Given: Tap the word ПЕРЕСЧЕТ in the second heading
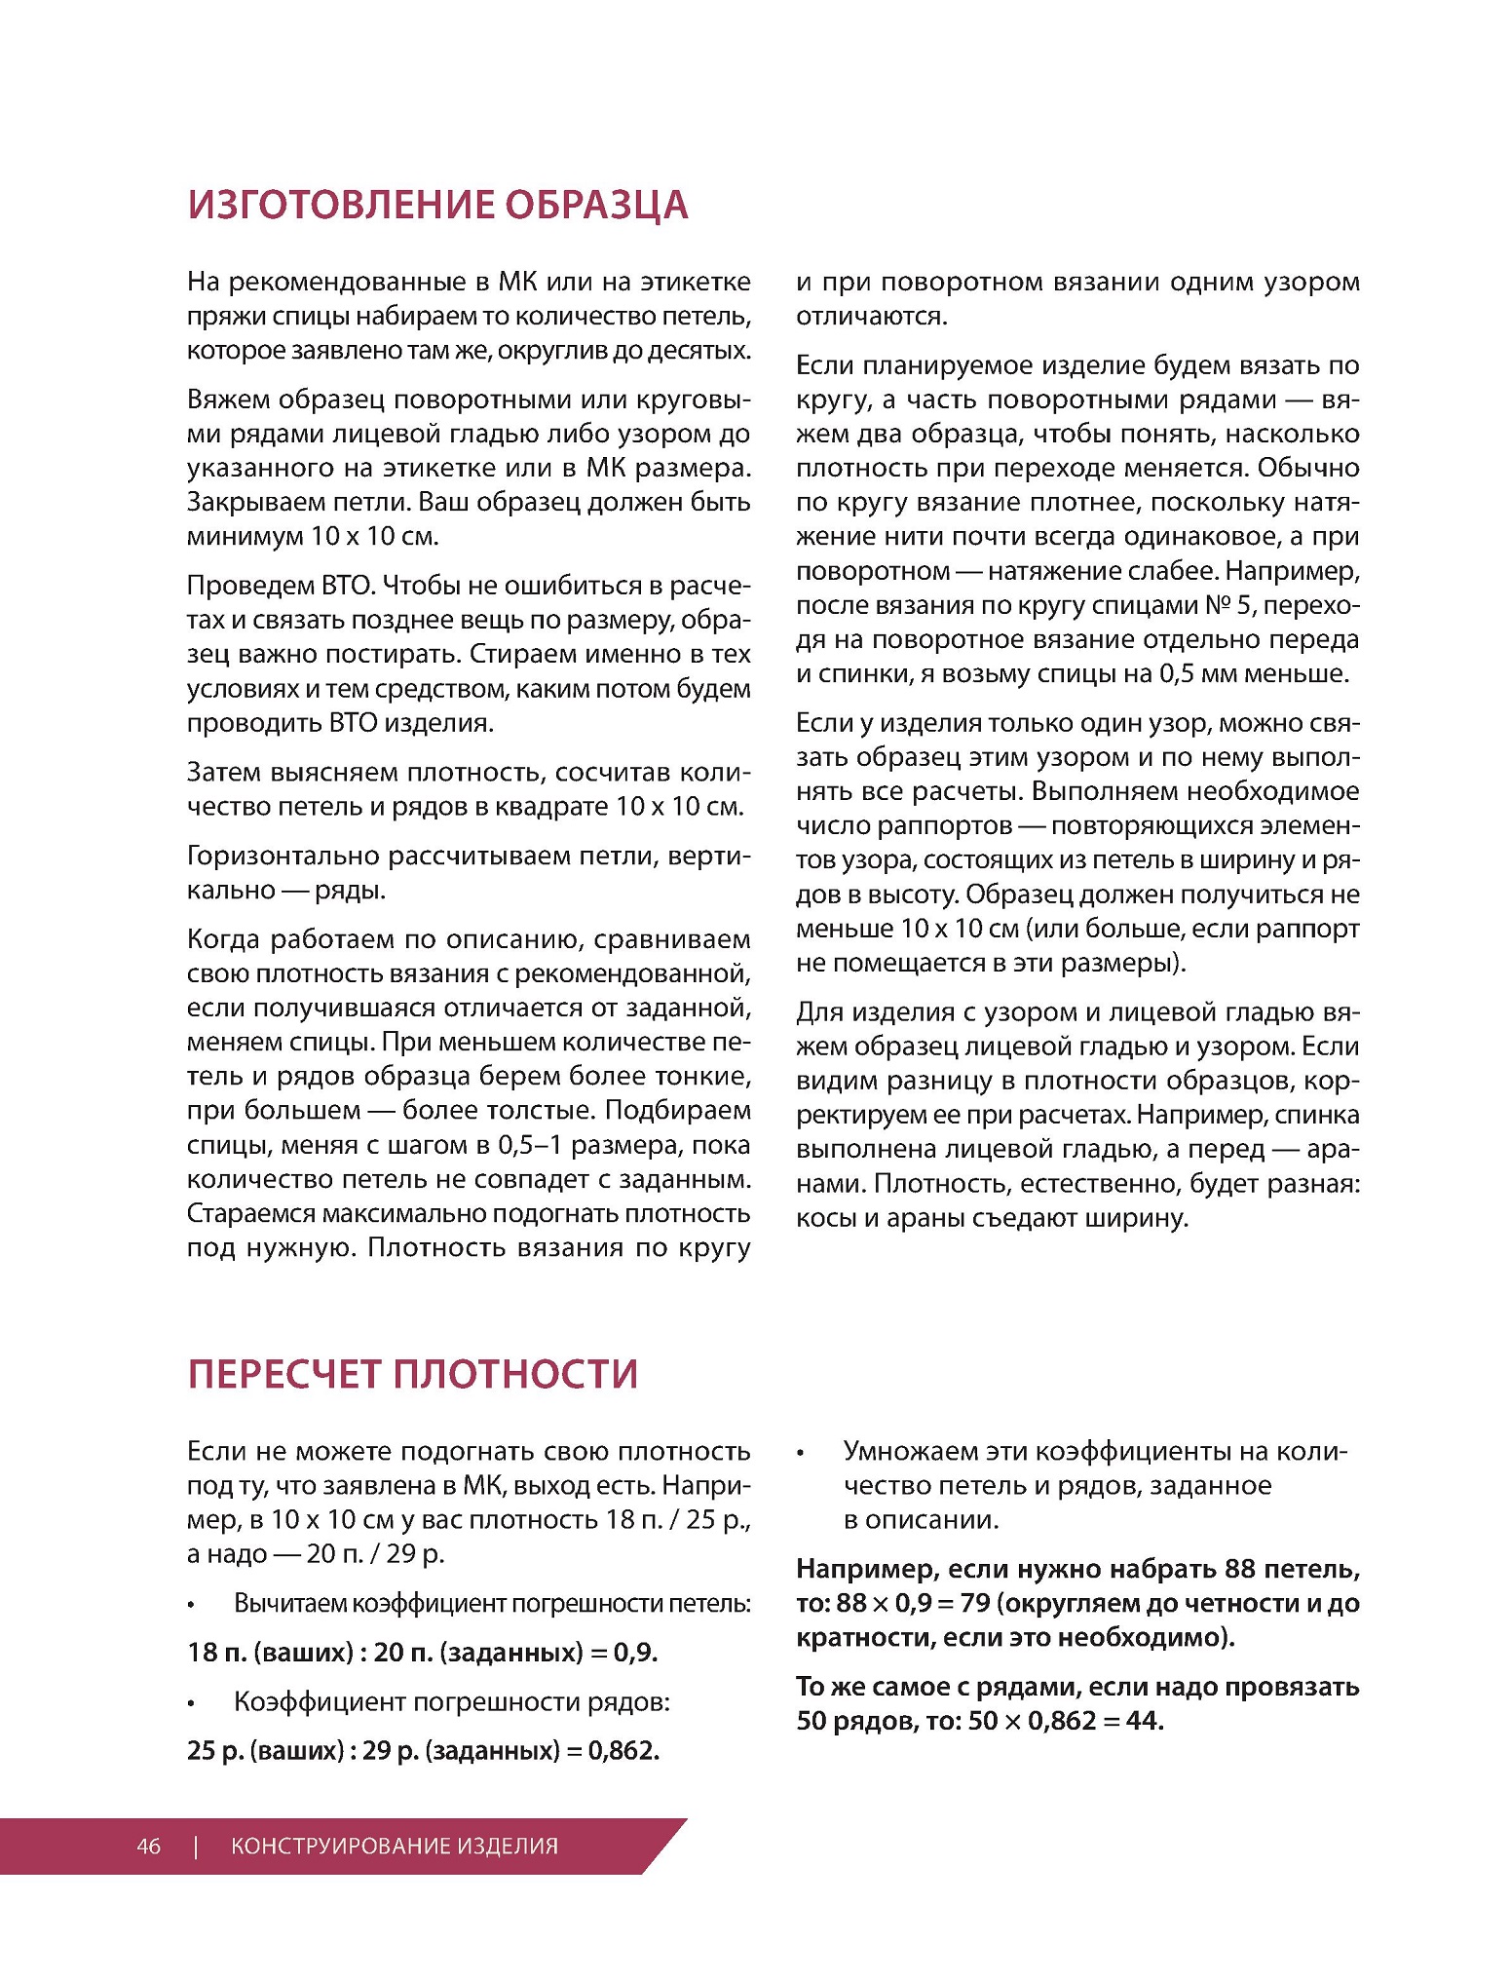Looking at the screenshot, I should [x=283, y=1373].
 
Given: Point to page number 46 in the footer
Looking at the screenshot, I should [x=148, y=1846].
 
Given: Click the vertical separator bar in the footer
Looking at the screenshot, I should [x=196, y=1846].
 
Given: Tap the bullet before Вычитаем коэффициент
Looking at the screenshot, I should [x=192, y=1605].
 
